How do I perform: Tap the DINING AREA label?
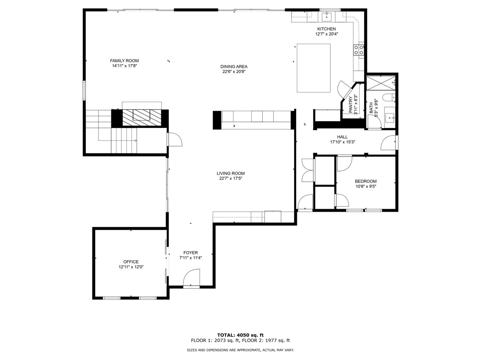234,66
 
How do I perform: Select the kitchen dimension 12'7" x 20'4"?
326,34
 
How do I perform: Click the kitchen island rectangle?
314,68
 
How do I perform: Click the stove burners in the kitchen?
358,50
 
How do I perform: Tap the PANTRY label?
351,105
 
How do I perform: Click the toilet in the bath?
389,98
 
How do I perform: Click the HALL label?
342,137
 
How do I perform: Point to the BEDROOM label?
365,181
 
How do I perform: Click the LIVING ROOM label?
230,173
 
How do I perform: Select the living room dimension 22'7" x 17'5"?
230,179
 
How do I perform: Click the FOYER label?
191,253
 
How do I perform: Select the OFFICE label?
131,262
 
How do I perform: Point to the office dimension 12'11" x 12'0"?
131,267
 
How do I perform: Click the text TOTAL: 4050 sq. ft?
240,335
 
